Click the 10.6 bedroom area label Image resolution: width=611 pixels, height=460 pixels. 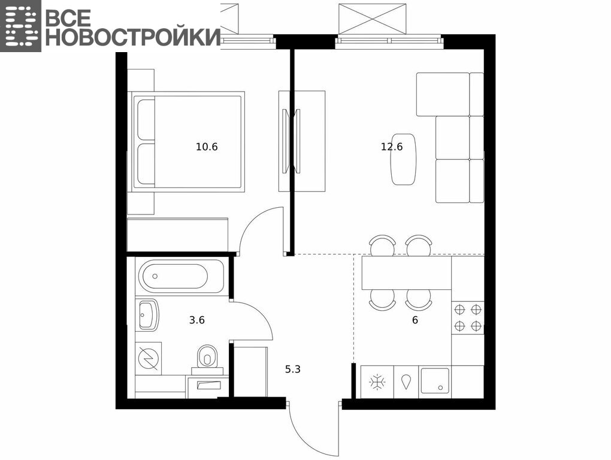tap(207, 147)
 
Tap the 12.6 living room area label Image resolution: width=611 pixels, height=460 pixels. tap(392, 147)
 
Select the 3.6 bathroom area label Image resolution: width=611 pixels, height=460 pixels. tap(197, 320)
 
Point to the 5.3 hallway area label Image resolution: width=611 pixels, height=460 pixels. tap(293, 369)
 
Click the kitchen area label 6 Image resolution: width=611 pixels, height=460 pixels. tap(415, 320)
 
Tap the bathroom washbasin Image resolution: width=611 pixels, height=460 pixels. tap(149, 314)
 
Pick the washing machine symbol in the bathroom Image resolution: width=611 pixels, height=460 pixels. tap(148, 358)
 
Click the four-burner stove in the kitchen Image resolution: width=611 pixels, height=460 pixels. tap(468, 318)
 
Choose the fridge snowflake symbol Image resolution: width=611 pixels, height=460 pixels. tap(377, 382)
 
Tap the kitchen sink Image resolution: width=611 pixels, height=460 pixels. tap(434, 381)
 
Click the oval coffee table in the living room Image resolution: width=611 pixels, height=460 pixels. tap(403, 159)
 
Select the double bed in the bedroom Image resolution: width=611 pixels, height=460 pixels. tap(188, 142)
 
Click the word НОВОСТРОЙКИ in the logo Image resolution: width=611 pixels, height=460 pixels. tap(133, 37)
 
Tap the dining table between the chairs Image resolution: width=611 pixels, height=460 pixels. tap(406, 273)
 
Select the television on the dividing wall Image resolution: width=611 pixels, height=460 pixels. tap(292, 141)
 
